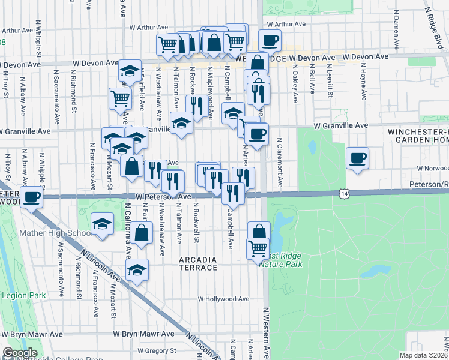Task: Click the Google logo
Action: click(x=20, y=353)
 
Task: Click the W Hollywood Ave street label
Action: click(x=223, y=299)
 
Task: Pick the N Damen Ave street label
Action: click(x=396, y=23)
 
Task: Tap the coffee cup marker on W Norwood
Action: click(x=358, y=158)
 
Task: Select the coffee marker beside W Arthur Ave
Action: click(x=270, y=41)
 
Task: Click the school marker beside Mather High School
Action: click(x=102, y=226)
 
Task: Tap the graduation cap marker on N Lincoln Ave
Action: click(x=137, y=269)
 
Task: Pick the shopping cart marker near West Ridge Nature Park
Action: click(x=258, y=248)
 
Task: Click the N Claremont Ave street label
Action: click(x=280, y=157)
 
